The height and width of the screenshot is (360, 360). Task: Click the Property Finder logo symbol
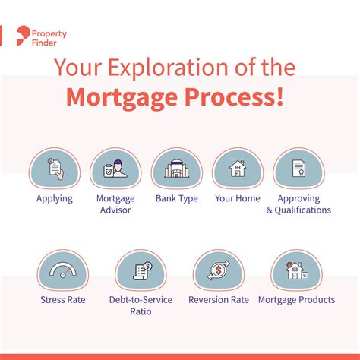coord(23,36)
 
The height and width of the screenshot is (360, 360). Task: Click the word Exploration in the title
coord(168,68)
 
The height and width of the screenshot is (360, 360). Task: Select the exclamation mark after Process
coord(279,96)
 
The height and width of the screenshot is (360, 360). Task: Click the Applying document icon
coord(55,169)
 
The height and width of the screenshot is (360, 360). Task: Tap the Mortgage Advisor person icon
coord(115,169)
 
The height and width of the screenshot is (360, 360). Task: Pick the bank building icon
coord(177,169)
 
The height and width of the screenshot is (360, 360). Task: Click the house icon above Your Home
coord(238,169)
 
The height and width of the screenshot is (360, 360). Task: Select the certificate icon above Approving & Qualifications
coord(298,168)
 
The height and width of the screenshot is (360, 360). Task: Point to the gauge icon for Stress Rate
coord(63,270)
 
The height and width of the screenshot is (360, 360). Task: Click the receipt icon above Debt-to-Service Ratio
coord(142,271)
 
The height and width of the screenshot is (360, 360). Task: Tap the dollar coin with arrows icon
coord(219,270)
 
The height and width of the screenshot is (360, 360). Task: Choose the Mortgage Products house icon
coord(297,270)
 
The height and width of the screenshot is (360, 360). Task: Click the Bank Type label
coord(177,198)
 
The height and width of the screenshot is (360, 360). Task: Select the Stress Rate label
coord(63,300)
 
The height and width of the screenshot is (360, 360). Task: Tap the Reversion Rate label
coord(219,300)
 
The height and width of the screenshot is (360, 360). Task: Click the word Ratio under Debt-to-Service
coord(141,311)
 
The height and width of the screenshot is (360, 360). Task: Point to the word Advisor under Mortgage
coord(115,210)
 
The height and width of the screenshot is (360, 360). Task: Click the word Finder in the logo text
coord(44,43)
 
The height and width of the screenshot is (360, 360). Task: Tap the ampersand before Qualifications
coord(270,210)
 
